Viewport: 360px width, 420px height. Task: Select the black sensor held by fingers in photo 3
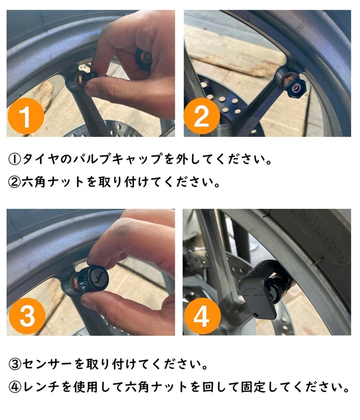[x=99, y=277]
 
